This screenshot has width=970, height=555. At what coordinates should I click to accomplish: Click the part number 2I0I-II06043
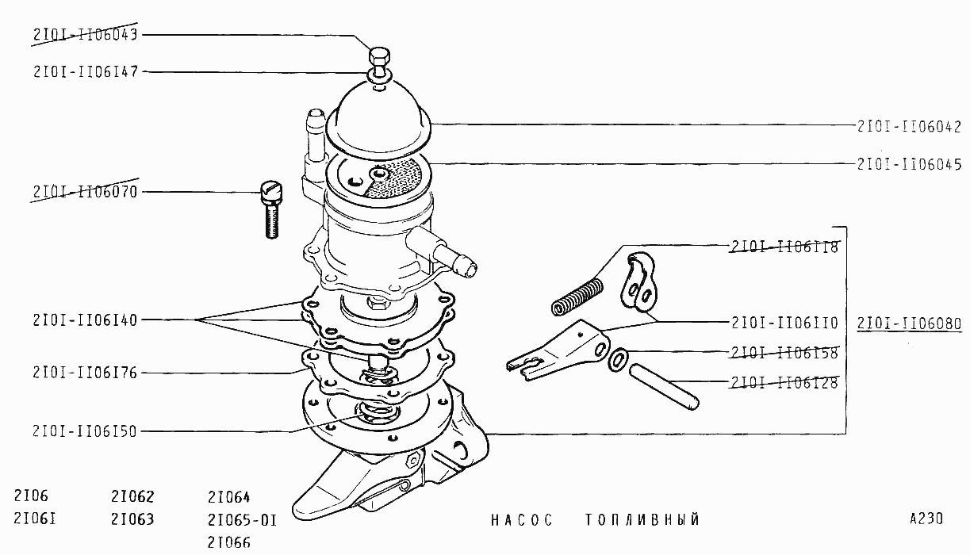tap(86, 35)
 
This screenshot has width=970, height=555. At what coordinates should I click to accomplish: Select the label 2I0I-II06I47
tap(86, 71)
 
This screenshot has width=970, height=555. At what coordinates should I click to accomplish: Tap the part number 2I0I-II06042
tap(910, 126)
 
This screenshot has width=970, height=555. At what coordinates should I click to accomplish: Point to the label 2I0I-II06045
tap(910, 164)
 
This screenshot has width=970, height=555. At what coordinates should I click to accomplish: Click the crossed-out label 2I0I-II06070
tap(86, 192)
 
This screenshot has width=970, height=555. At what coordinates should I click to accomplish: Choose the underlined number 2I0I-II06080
tap(910, 323)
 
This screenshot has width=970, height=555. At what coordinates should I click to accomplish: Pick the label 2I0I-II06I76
tap(86, 373)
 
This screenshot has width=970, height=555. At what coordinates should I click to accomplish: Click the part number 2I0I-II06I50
tap(86, 431)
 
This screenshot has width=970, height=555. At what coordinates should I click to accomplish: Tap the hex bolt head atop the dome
tap(379, 56)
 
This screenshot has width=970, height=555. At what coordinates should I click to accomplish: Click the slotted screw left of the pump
tap(271, 210)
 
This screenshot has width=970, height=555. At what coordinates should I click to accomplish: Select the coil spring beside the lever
tap(577, 297)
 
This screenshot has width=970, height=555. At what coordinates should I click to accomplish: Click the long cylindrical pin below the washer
tap(664, 387)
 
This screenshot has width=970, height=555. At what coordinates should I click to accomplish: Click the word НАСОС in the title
tap(522, 519)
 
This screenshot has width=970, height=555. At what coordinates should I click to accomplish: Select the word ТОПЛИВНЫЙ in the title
tap(642, 519)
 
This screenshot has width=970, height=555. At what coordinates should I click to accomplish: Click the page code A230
tap(926, 519)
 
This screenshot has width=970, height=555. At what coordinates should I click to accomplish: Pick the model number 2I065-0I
tap(242, 520)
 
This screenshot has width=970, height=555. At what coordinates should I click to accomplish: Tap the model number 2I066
tap(229, 542)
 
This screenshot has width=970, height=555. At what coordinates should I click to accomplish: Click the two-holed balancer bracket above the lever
tap(638, 281)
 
